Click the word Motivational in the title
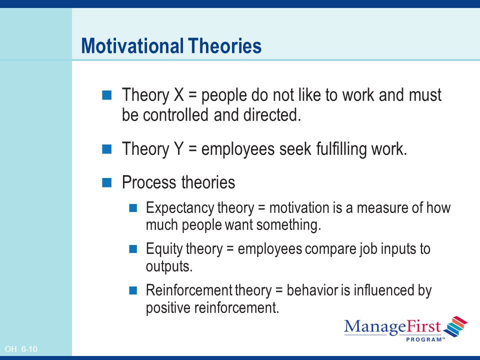(x=132, y=46)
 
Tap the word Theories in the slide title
(x=225, y=46)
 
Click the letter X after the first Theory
(x=179, y=94)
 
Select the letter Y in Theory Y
(x=179, y=149)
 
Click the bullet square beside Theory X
(x=107, y=95)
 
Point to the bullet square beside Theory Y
(x=107, y=149)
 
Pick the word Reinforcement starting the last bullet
(x=189, y=290)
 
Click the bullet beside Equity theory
(x=133, y=249)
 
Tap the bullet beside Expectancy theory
(x=133, y=208)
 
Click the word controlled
(x=175, y=115)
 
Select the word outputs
(x=169, y=266)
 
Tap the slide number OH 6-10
(x=21, y=349)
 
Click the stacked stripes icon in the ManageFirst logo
(x=455, y=326)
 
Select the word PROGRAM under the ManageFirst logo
(x=423, y=339)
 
